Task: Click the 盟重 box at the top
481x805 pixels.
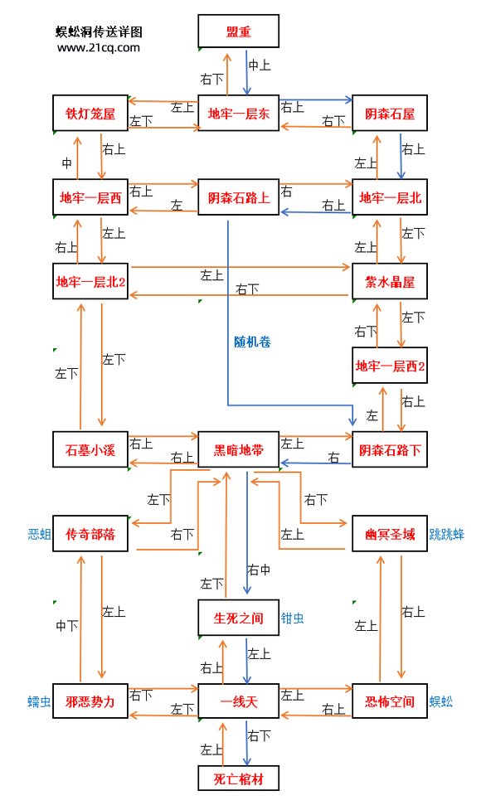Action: [x=239, y=32]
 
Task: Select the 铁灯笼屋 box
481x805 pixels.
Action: [x=90, y=114]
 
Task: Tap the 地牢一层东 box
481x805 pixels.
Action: [x=239, y=114]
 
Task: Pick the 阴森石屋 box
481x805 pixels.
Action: [x=390, y=114]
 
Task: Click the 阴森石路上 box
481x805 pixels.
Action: [x=239, y=198]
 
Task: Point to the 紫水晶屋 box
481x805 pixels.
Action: [x=390, y=282]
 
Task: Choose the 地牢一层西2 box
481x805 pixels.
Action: [x=390, y=366]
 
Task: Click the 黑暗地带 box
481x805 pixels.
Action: [x=239, y=450]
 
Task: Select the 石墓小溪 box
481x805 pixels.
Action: [x=90, y=450]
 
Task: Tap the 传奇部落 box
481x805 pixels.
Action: [x=90, y=535]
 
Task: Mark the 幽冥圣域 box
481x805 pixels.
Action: [x=390, y=535]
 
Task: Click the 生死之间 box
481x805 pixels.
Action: [x=239, y=618]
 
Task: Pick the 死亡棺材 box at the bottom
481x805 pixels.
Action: [x=239, y=778]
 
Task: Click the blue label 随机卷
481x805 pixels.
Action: [x=252, y=341]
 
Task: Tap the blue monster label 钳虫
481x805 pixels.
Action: [x=293, y=618]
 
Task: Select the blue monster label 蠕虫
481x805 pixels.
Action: [x=39, y=702]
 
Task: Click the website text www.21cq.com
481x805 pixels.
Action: [x=99, y=48]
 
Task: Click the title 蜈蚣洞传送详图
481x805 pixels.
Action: [x=99, y=32]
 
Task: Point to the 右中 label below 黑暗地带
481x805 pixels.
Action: [x=260, y=570]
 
